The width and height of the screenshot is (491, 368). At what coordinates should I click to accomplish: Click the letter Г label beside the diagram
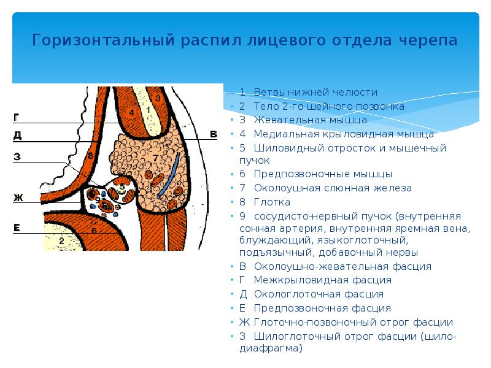pyautogui.click(x=17, y=117)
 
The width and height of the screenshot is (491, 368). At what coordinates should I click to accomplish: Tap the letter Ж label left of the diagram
pyautogui.click(x=18, y=197)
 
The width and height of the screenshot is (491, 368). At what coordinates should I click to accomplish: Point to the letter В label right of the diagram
pyautogui.click(x=213, y=134)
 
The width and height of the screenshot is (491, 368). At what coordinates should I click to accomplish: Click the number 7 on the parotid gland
pyautogui.click(x=155, y=158)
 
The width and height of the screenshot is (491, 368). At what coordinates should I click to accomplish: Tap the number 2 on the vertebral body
pyautogui.click(x=61, y=241)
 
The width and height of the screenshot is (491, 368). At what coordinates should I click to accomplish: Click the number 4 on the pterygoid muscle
pyautogui.click(x=131, y=112)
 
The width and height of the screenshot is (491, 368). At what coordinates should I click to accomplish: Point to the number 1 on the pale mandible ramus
pyautogui.click(x=147, y=110)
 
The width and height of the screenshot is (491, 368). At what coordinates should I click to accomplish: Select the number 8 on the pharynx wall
pyautogui.click(x=90, y=156)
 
